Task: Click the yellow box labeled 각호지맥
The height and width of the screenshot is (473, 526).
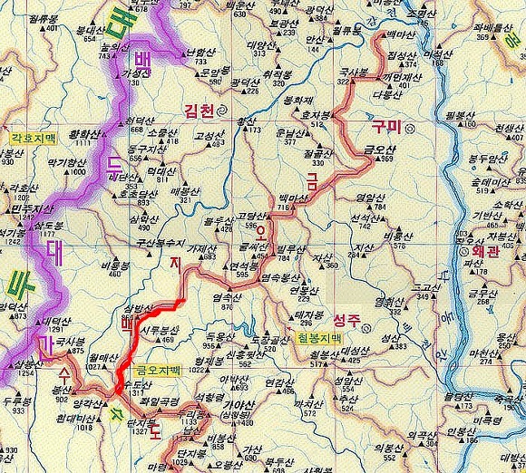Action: click(33, 139)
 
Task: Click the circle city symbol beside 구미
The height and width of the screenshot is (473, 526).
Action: click(410, 129)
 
